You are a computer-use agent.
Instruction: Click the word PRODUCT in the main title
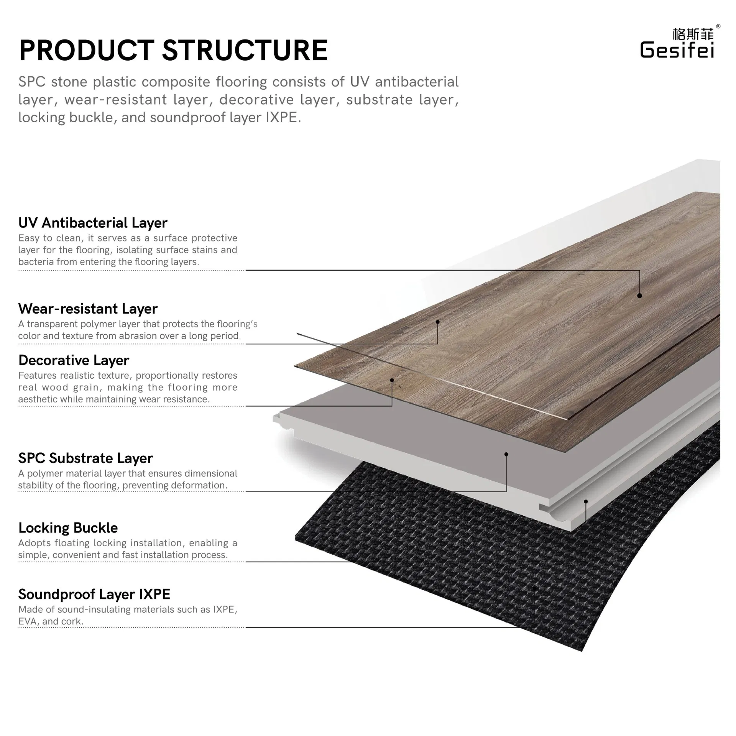click(x=87, y=51)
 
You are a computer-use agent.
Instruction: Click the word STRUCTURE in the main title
click(x=245, y=51)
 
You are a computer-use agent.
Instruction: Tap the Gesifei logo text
click(x=677, y=50)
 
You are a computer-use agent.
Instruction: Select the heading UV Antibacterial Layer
click(x=93, y=223)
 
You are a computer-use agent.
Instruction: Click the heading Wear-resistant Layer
click(x=88, y=309)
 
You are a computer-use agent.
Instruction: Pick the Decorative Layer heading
click(x=74, y=360)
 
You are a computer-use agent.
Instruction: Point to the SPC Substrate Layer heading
click(x=85, y=458)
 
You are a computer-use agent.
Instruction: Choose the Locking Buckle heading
click(x=68, y=528)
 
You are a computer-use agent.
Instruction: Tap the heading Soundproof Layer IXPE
click(x=94, y=594)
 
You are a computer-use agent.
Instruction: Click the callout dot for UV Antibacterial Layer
click(x=639, y=296)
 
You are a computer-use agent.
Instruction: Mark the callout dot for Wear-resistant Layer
click(x=437, y=322)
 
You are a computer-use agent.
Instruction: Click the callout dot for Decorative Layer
click(x=392, y=380)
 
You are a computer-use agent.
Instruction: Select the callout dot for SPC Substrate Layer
click(x=506, y=454)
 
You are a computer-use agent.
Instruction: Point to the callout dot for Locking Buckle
click(x=586, y=501)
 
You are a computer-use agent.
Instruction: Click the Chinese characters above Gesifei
click(x=693, y=34)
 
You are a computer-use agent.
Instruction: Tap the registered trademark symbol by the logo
click(x=718, y=26)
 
